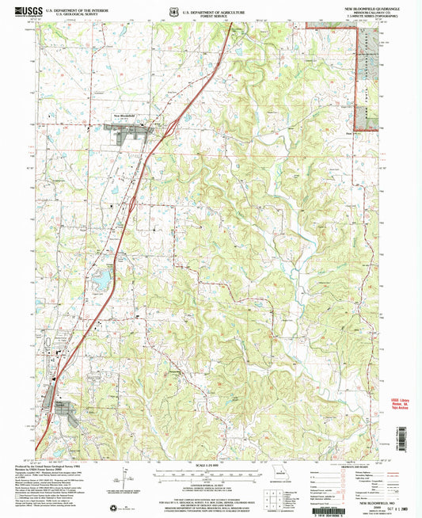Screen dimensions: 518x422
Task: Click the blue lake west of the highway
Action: (103, 280)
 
